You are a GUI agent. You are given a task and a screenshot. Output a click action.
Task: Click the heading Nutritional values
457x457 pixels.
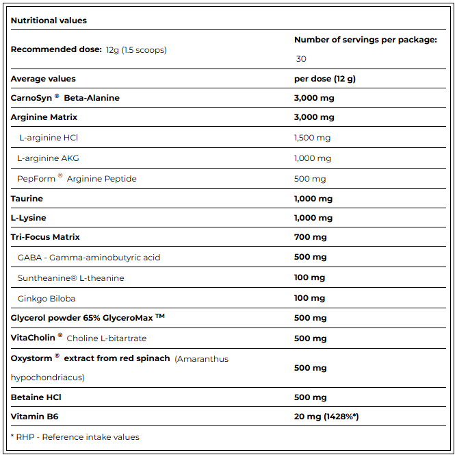49,21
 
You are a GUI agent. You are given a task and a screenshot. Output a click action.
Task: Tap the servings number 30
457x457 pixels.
301,59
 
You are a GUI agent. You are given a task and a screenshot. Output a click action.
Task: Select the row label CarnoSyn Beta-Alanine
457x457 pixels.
65,98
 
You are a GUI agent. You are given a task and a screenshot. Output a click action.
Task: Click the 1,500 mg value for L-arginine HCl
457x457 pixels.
312,138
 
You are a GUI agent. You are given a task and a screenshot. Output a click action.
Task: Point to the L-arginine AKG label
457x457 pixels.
48,158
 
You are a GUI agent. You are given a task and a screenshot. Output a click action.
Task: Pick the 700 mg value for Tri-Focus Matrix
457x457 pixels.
310,237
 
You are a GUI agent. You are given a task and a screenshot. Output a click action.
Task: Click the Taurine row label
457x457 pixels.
27,199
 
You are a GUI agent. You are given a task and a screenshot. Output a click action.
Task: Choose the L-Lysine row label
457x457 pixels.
29,218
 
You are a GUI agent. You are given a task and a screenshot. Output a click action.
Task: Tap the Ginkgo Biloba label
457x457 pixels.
47,299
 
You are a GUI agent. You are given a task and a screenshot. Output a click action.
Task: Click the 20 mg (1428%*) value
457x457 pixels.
326,417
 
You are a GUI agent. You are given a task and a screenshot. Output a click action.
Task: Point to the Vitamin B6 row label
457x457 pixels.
34,417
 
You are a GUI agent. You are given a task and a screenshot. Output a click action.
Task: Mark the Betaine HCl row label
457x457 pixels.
36,397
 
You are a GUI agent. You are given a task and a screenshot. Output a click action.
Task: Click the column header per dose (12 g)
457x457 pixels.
324,79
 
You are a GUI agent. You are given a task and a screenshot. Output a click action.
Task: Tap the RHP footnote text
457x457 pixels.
75,436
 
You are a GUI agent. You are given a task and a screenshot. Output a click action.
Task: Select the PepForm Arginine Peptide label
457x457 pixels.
77,179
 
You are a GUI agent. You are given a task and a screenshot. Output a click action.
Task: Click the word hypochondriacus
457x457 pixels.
47,378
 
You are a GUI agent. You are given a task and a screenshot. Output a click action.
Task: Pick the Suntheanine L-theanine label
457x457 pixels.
70,278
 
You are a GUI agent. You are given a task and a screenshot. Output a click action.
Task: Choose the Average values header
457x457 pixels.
43,79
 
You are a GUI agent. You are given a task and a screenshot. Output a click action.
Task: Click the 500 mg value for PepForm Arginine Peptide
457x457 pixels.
309,179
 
